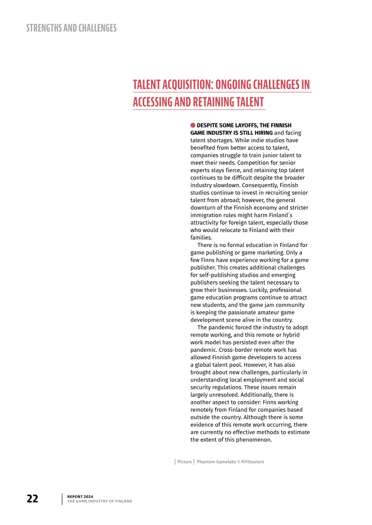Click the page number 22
32,499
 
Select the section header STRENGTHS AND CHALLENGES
71,28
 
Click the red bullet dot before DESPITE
193,125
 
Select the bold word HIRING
263,133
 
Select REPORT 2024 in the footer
80,496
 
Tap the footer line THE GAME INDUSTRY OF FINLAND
100,501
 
